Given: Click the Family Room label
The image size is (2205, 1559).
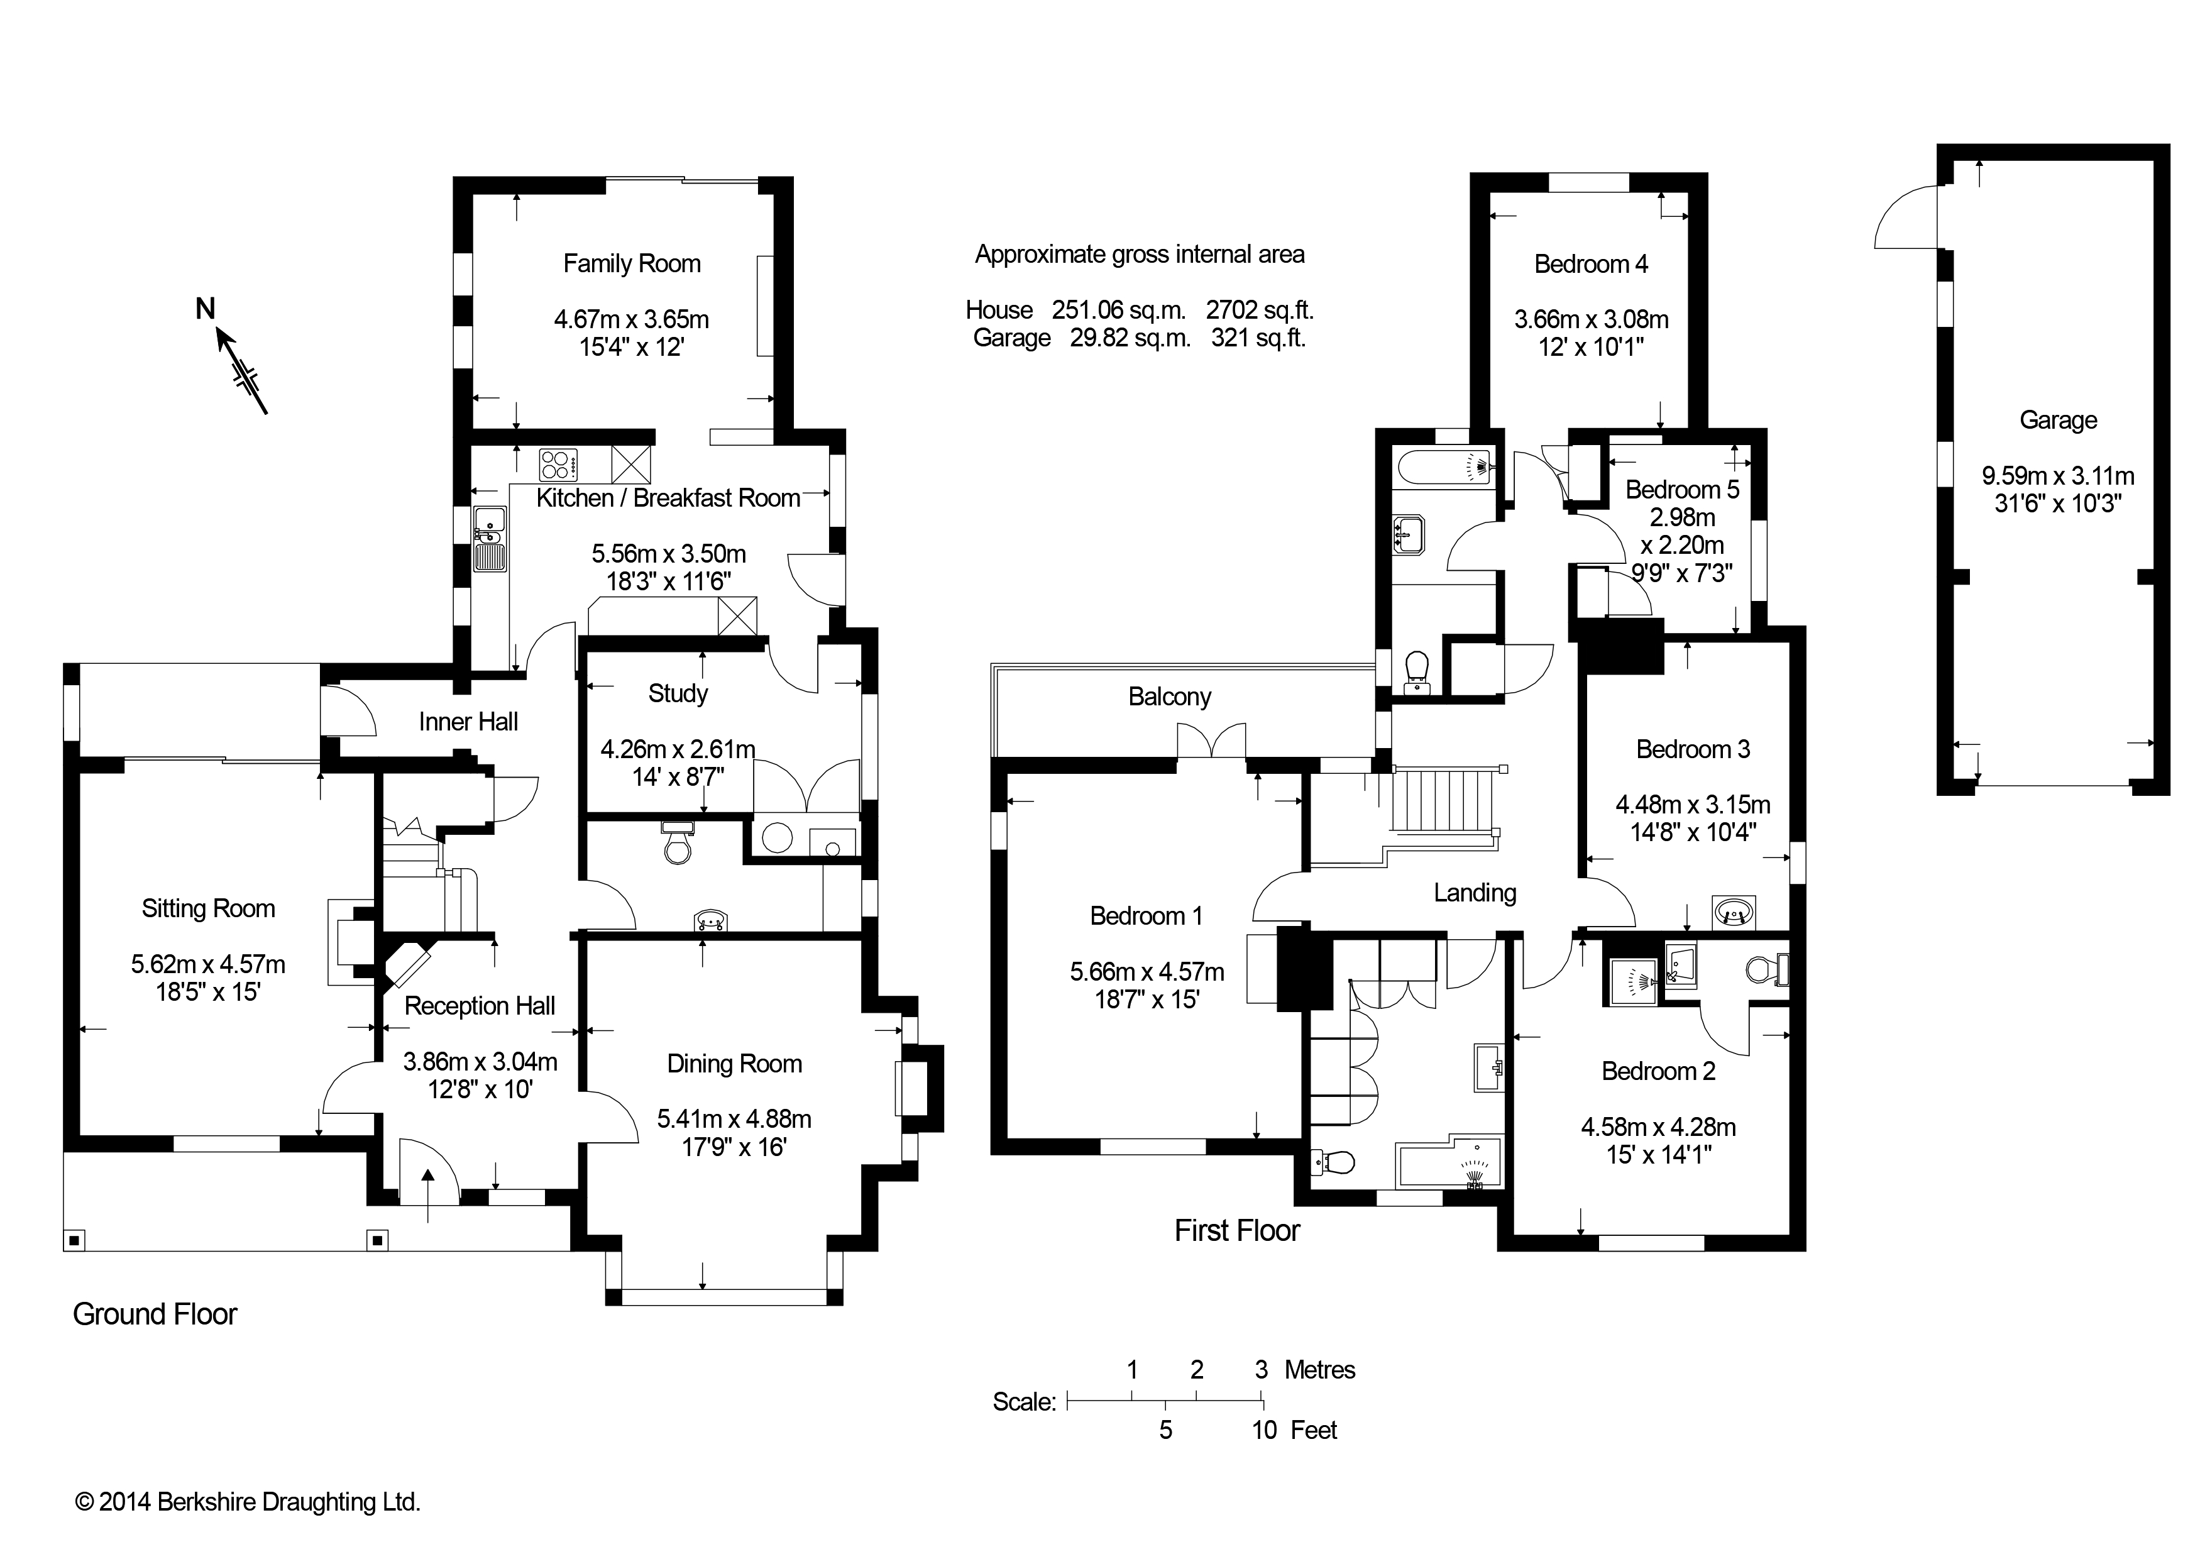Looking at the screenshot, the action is click(x=632, y=264).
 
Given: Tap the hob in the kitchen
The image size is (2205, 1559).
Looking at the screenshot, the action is click(x=558, y=465).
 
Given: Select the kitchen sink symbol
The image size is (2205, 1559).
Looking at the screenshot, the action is click(x=490, y=539).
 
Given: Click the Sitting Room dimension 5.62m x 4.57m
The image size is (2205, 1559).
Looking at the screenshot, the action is click(x=209, y=964).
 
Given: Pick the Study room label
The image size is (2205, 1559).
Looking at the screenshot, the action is click(x=678, y=693).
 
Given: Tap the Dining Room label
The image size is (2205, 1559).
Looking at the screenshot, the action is click(x=735, y=1064).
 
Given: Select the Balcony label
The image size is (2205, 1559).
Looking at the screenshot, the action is click(x=1170, y=697).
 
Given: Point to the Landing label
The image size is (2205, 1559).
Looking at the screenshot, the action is click(x=1475, y=893).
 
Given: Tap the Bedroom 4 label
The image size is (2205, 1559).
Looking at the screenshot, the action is click(x=1592, y=264).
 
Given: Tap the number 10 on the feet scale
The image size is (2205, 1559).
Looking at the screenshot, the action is click(x=1264, y=1430).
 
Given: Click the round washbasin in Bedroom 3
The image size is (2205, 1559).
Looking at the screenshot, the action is click(x=1734, y=911).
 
